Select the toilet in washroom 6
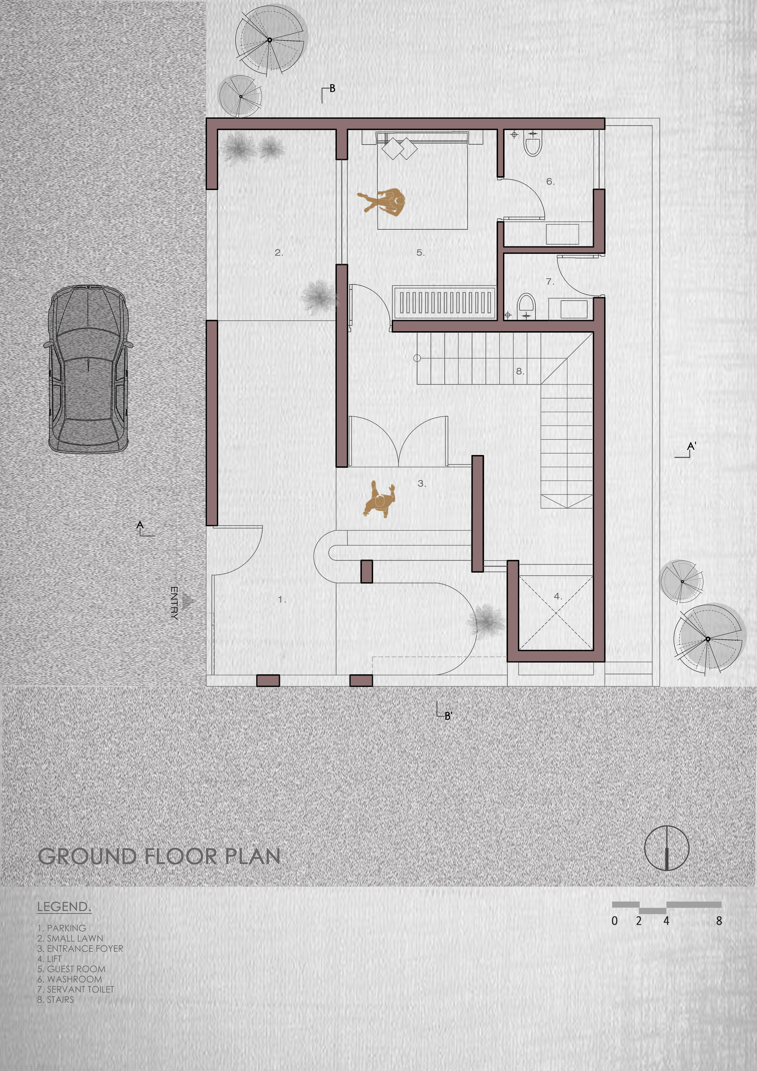pyautogui.click(x=533, y=143)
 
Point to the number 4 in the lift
pyautogui.click(x=557, y=596)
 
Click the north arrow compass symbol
pyautogui.click(x=667, y=848)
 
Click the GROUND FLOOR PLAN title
pyautogui.click(x=159, y=856)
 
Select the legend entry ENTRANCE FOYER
pyautogui.click(x=80, y=948)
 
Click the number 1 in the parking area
pyautogui.click(x=282, y=600)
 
